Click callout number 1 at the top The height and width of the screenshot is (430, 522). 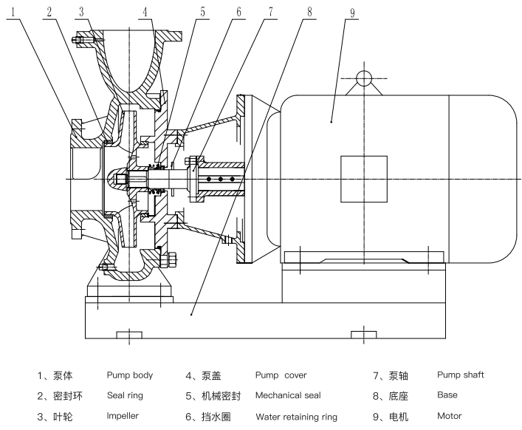(13, 11)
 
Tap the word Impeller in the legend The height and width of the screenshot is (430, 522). (123, 417)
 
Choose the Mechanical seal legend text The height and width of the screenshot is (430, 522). (288, 396)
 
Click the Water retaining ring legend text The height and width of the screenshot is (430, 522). (296, 417)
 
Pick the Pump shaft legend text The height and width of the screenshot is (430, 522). (460, 375)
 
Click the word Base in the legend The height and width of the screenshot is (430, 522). (447, 396)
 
